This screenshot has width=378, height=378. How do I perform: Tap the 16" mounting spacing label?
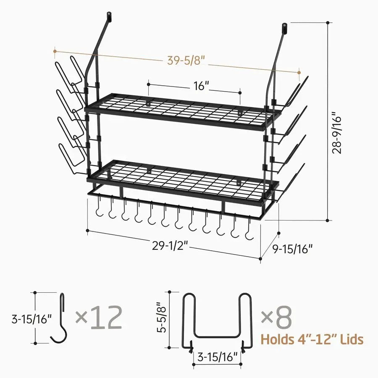(x=202, y=86)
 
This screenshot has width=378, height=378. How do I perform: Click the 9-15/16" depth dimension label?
(x=293, y=249)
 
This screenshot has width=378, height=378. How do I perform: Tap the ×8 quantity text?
(x=276, y=318)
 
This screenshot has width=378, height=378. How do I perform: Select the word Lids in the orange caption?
(x=348, y=339)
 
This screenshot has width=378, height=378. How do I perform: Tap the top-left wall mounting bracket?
(x=110, y=17)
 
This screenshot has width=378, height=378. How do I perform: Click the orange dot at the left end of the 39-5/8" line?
(x=55, y=51)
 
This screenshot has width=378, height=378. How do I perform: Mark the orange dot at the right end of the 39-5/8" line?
(x=299, y=72)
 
